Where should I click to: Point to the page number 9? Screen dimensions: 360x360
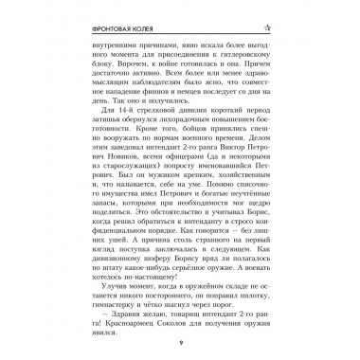coord(180,347)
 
